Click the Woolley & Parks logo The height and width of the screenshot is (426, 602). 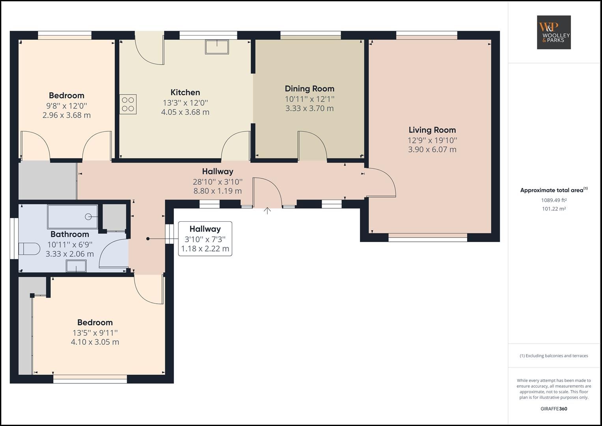tap(554, 32)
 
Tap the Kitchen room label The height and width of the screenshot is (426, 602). tap(185, 92)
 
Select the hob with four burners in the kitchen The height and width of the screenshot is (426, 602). tap(128, 104)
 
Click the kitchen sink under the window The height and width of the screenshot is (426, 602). tap(217, 47)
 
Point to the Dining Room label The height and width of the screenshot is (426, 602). tap(309, 89)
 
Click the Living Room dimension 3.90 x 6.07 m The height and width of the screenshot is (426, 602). tap(432, 149)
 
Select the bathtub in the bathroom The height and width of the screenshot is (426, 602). tap(73, 217)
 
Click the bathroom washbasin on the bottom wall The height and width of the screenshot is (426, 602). tap(76, 267)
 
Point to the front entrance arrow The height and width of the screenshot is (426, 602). tap(267, 211)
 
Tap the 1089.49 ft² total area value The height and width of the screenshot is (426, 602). tap(554, 200)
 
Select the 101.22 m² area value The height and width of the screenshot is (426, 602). tap(554, 209)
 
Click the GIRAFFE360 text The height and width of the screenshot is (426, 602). tap(554, 409)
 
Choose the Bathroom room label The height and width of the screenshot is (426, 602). tap(70, 234)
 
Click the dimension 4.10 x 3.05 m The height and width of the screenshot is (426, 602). tap(95, 342)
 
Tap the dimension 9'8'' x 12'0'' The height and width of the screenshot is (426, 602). tap(66, 105)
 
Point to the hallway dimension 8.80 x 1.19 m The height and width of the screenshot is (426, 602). tap(217, 191)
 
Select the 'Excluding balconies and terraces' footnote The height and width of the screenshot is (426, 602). tap(554, 356)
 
